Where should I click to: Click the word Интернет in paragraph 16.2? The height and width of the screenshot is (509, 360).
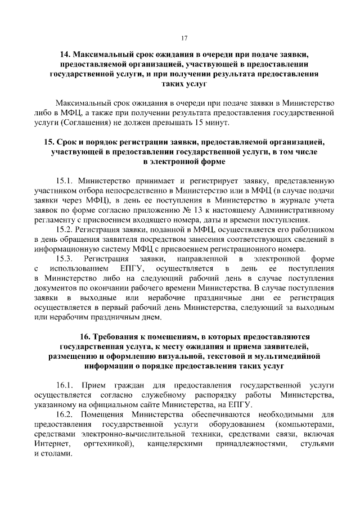tap(52, 443)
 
